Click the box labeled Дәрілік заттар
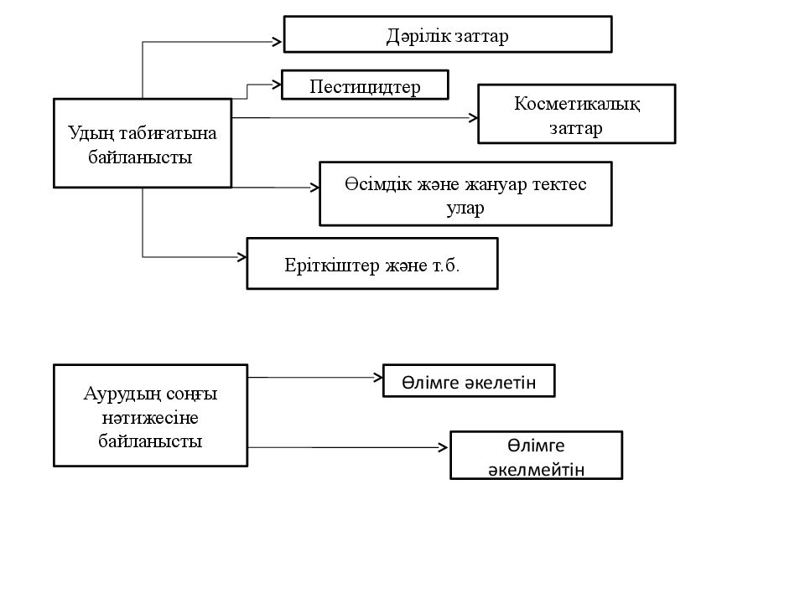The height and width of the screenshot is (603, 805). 448,34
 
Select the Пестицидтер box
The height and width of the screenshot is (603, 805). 365,85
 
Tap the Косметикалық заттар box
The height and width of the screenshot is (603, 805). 577,114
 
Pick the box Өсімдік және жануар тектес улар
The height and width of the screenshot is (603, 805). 465,193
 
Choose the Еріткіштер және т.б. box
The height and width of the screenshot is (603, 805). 372,264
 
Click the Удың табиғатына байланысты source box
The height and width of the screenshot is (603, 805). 143,143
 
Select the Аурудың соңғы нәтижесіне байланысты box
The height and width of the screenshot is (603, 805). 150,415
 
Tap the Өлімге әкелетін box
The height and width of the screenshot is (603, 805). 469,381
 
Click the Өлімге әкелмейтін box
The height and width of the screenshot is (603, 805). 536,456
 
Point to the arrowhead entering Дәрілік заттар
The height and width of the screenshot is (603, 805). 278,42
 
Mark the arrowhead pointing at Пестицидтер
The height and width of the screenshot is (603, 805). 278,84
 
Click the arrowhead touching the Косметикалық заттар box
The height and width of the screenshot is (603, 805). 473,118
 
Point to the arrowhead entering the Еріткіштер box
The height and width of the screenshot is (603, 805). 241,257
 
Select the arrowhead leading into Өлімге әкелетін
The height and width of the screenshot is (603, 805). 378,378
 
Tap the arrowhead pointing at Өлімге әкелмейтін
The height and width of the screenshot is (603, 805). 443,447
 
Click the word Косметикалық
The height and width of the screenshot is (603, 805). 577,104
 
